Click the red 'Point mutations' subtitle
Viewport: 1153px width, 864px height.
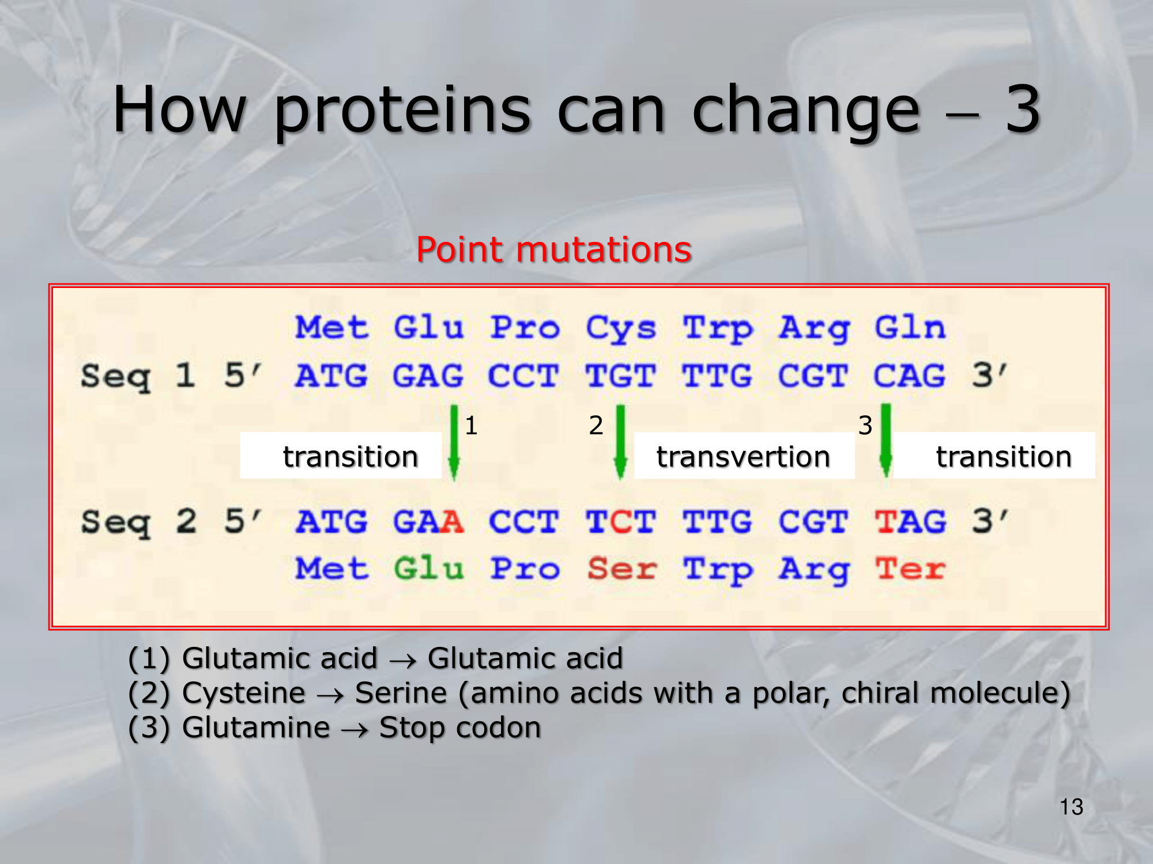pos(553,251)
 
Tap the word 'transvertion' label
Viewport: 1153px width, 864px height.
pos(743,457)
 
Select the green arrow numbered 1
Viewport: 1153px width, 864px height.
pos(454,442)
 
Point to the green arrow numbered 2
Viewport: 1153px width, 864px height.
pos(620,442)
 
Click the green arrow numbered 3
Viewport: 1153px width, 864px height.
pos(886,441)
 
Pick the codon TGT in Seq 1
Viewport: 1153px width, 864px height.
pos(620,376)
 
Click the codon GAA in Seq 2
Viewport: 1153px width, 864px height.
pos(428,522)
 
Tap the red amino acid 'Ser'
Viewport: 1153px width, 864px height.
pos(621,569)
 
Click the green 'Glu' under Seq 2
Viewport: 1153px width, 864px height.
pos(428,569)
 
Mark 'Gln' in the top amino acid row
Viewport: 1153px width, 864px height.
pos(910,328)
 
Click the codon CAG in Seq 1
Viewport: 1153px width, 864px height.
pos(910,376)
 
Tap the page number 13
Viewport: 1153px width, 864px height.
pos(1071,807)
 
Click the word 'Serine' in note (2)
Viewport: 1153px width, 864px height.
pos(401,693)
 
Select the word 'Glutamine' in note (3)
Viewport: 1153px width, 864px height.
pos(256,727)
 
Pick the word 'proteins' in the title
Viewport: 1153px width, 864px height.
pos(402,111)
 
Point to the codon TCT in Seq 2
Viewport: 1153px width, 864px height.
pos(621,522)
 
